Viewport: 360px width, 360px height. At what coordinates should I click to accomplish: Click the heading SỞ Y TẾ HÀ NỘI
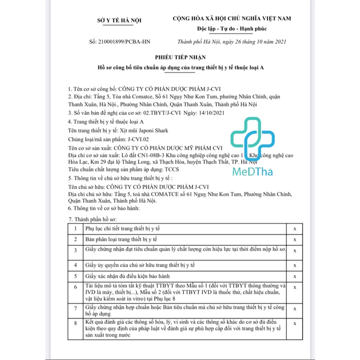[119, 20]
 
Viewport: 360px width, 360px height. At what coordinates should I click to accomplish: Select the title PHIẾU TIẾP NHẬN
[180, 57]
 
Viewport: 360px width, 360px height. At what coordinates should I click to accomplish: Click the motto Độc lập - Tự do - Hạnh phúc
[231, 29]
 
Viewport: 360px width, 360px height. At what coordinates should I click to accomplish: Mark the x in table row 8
[295, 323]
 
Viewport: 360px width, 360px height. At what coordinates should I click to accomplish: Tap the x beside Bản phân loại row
[295, 239]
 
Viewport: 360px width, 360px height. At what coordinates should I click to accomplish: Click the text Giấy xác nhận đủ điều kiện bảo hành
[128, 276]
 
